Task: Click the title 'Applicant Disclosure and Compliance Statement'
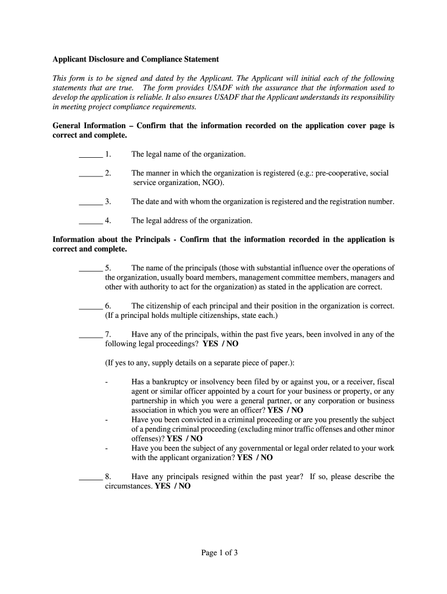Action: tap(135, 59)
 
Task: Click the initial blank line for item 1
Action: tap(90, 154)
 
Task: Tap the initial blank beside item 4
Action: tap(90, 220)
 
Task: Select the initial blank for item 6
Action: tap(90, 306)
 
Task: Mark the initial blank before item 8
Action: tap(90, 477)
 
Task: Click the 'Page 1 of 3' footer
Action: tap(219, 553)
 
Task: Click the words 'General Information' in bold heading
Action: tap(89, 125)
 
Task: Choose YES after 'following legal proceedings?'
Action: tap(210, 344)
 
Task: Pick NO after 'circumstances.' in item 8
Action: tap(184, 487)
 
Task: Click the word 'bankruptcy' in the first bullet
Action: tap(170, 382)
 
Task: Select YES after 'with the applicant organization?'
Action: tap(245, 458)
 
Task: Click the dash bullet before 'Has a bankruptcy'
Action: tap(106, 382)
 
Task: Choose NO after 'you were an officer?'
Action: tap(296, 410)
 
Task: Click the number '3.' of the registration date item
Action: tap(108, 202)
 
